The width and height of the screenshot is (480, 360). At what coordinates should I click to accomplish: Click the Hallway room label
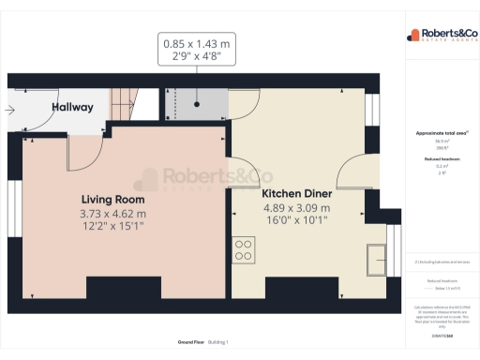72,107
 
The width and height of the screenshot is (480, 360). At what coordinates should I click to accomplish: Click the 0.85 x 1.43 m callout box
196,49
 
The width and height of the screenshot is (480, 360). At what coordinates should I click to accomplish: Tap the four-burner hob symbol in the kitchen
243,249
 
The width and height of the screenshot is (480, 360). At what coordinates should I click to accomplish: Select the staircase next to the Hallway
126,99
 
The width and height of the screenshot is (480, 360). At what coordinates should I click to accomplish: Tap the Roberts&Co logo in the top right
442,36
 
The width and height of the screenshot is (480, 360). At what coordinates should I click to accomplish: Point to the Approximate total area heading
442,133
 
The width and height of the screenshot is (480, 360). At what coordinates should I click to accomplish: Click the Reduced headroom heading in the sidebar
442,159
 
